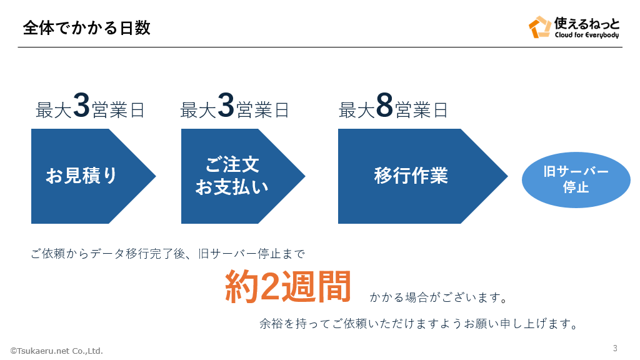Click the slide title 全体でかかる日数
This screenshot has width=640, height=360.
pyautogui.click(x=86, y=28)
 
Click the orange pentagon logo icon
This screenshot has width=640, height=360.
pyautogui.click(x=539, y=27)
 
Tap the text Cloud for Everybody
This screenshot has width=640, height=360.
pyautogui.click(x=587, y=35)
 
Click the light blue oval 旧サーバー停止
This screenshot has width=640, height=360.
pyautogui.click(x=576, y=180)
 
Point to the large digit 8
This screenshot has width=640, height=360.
pyautogui.click(x=384, y=106)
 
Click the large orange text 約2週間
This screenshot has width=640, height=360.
pyautogui.click(x=287, y=287)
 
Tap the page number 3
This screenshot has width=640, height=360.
pyautogui.click(x=615, y=348)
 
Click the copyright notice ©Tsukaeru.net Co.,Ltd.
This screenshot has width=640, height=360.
pyautogui.click(x=56, y=351)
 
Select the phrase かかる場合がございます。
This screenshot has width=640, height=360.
pyautogui.click(x=438, y=297)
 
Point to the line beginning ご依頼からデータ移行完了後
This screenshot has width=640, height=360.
pyautogui.click(x=167, y=254)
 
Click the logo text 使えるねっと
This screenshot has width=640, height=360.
pyautogui.click(x=587, y=24)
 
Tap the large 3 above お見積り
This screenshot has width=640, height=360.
pyautogui.click(x=82, y=106)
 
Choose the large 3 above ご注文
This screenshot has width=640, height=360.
pyautogui.click(x=226, y=106)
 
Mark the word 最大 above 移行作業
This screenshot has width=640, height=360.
pyautogui.click(x=356, y=111)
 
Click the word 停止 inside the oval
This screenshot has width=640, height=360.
pyautogui.click(x=576, y=187)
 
